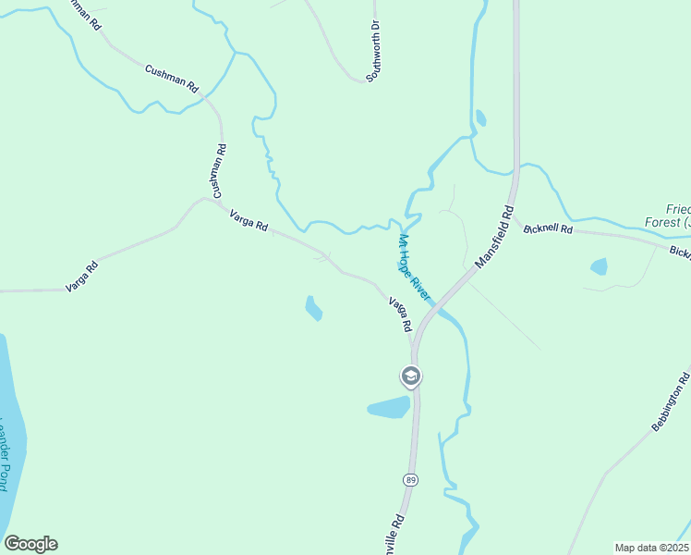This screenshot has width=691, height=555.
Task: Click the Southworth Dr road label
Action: [x=374, y=52]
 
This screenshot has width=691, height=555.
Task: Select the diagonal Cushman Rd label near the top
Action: [x=172, y=79]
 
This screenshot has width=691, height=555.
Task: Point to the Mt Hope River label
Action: [x=414, y=265]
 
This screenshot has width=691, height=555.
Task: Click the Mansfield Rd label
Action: [x=494, y=238]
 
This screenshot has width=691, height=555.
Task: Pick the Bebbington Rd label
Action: [x=671, y=401]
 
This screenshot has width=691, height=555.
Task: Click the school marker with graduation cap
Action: [x=410, y=376]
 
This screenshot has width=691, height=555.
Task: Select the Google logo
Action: [x=30, y=544]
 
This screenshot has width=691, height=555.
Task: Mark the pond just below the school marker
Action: [x=389, y=407]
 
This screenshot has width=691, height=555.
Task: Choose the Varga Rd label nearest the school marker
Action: [x=399, y=315]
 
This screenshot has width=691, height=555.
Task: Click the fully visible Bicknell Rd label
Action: [x=548, y=228]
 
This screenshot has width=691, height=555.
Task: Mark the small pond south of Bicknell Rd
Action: [x=599, y=266]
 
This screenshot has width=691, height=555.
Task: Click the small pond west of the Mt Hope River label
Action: [x=313, y=308]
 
